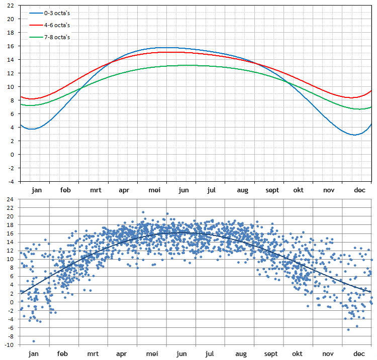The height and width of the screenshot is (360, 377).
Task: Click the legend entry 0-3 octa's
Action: click(x=57, y=13)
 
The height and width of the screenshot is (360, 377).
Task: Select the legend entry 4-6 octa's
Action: click(x=57, y=25)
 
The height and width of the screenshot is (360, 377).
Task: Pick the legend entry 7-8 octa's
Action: click(x=57, y=37)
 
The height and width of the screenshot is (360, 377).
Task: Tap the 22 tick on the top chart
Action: click(x=11, y=6)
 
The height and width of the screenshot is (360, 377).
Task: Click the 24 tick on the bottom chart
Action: click(x=11, y=199)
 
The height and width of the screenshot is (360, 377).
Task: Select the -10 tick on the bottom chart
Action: click(x=10, y=345)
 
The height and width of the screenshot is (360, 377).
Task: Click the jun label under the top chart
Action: click(x=184, y=190)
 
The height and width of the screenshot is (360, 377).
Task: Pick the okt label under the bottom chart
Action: click(x=299, y=353)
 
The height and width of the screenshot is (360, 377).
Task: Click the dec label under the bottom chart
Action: click(x=359, y=353)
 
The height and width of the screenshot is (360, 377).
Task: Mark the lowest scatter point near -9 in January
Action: click(x=34, y=341)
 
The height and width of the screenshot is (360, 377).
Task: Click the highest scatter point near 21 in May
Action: click(x=143, y=212)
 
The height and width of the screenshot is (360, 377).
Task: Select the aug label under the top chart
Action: click(x=243, y=190)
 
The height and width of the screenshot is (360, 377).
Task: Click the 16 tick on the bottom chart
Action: click(x=11, y=233)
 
